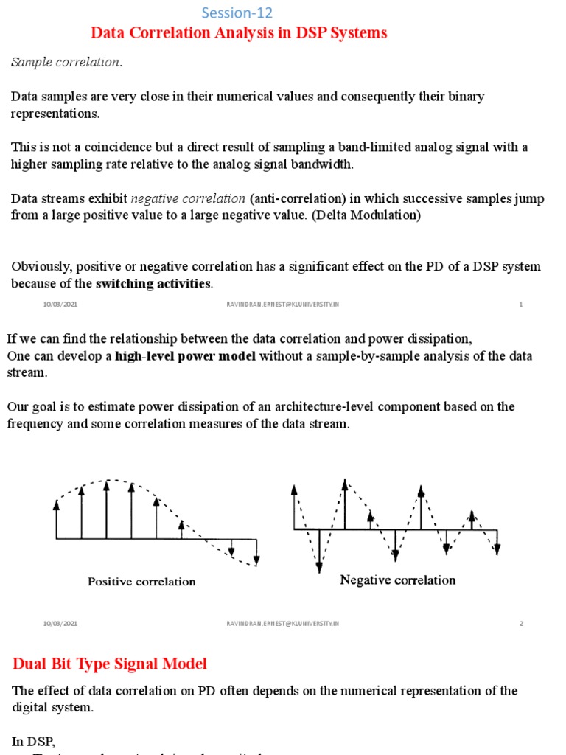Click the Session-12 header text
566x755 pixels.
click(x=237, y=13)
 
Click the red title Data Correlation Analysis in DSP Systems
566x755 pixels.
click(x=238, y=33)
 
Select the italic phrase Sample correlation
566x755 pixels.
click(x=66, y=63)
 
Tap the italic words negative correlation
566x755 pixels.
click(x=188, y=198)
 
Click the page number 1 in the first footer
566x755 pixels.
click(x=521, y=305)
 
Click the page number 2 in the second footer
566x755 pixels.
click(x=521, y=623)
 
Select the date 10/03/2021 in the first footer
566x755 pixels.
click(x=60, y=305)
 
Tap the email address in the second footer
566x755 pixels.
click(x=283, y=623)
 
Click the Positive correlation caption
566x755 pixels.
click(x=141, y=582)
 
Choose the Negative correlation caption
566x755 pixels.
click(x=397, y=580)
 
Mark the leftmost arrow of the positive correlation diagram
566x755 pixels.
click(x=57, y=520)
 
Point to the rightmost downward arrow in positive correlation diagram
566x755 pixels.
click(x=256, y=549)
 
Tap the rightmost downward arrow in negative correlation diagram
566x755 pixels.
click(x=497, y=542)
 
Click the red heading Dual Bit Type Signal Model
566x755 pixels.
click(x=110, y=664)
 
